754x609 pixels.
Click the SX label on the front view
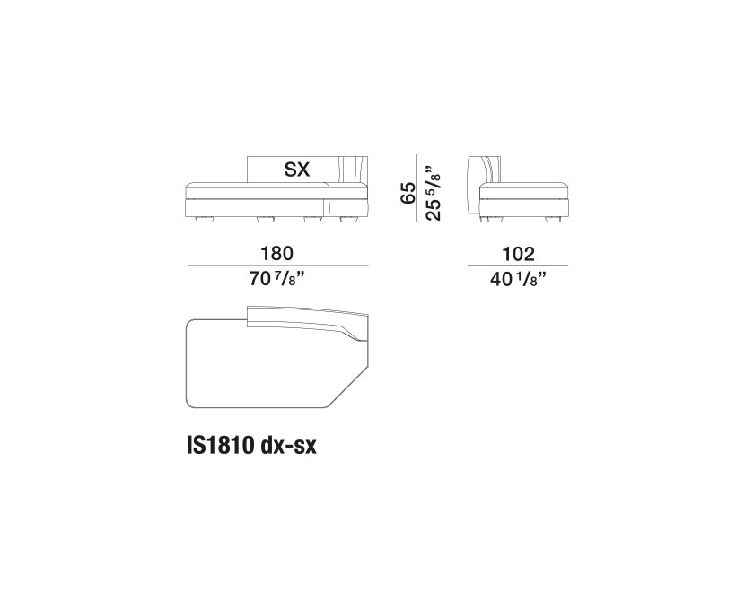pos(297,170)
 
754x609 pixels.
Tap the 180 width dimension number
pos(277,253)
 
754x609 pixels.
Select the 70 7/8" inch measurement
pos(278,279)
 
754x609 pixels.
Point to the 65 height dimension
pos(408,193)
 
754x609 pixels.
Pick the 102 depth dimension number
pos(518,254)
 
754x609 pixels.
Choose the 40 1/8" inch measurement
pos(519,279)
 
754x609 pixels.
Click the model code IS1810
pos(220,446)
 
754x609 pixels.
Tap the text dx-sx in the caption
pos(288,446)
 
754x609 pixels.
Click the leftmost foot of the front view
pos(203,220)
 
